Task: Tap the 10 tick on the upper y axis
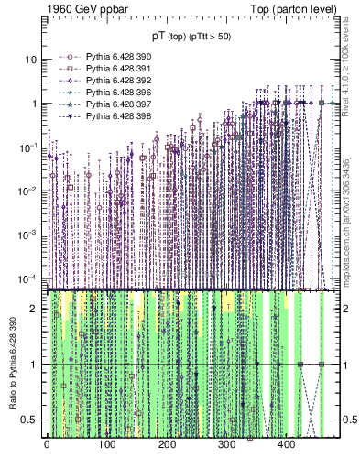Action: point(30,60)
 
